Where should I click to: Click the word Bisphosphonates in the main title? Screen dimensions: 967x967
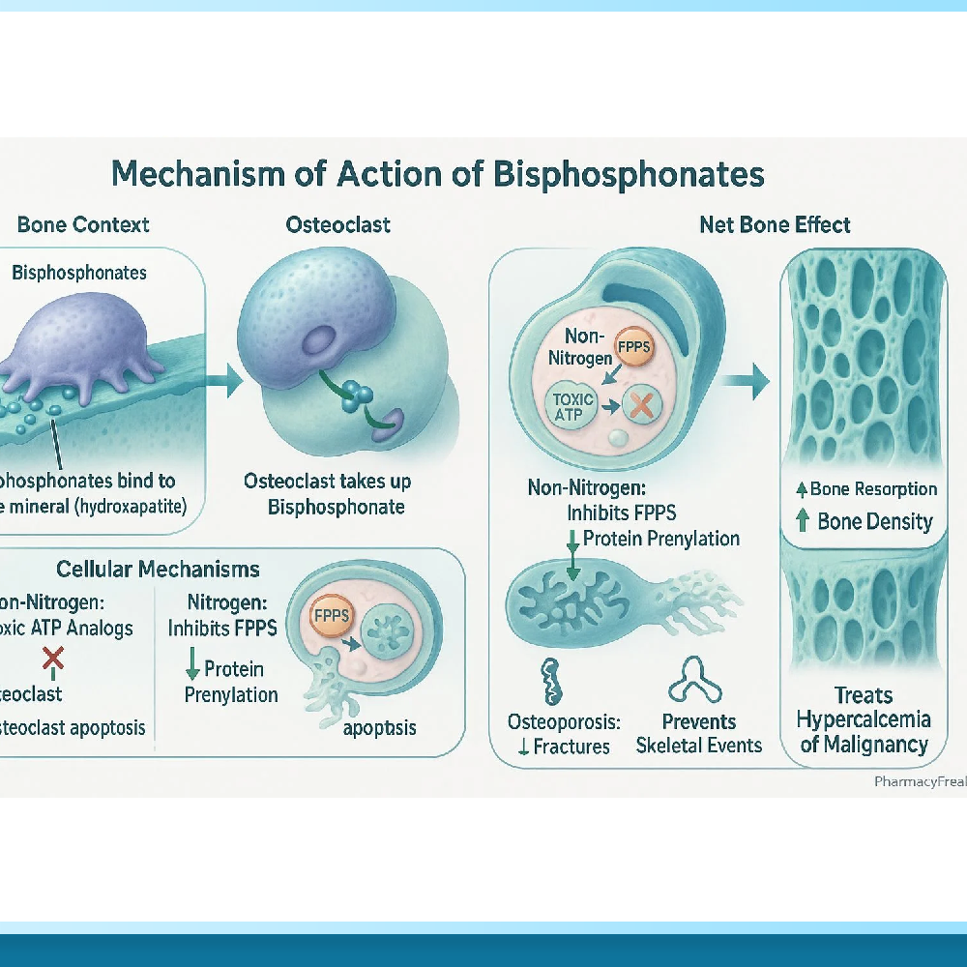pyautogui.click(x=629, y=174)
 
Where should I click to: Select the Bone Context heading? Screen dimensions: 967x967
pyautogui.click(x=83, y=225)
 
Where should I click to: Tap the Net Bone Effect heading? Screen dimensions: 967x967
pyautogui.click(x=775, y=225)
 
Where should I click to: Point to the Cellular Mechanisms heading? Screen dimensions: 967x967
pyautogui.click(x=158, y=569)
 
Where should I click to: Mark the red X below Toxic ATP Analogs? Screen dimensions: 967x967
pyautogui.click(x=53, y=659)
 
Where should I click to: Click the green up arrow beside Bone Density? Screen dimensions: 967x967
pyautogui.click(x=802, y=521)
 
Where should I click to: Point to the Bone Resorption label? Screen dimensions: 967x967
pyautogui.click(x=873, y=488)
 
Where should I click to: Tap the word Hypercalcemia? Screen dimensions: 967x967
pyautogui.click(x=864, y=719)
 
